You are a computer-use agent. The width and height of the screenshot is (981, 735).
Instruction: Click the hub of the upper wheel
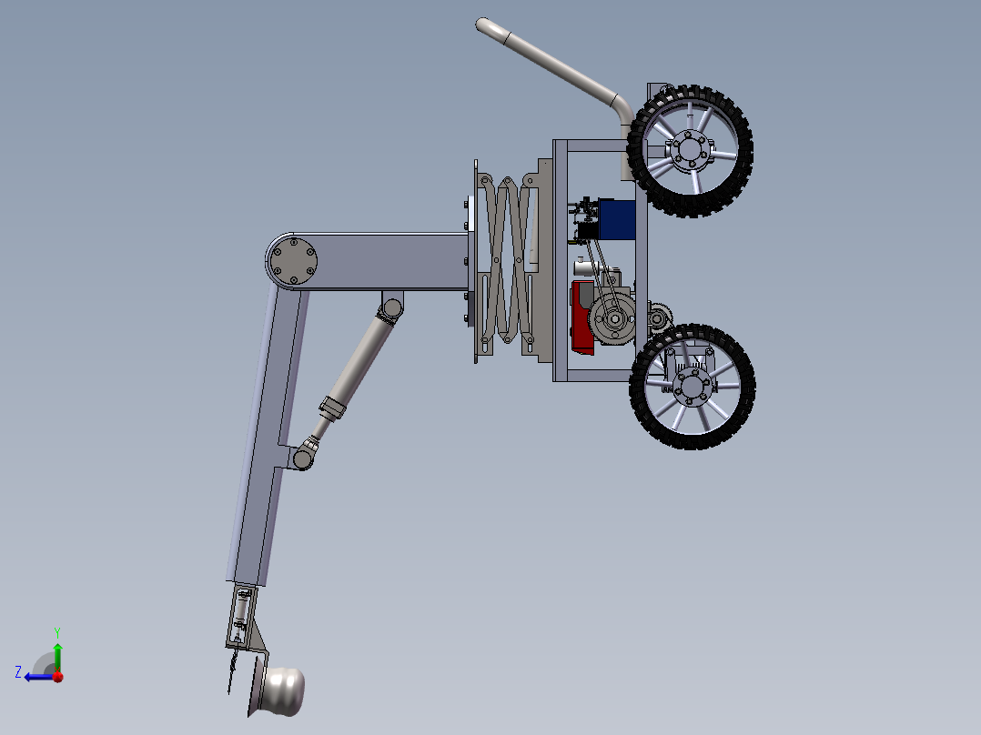689,150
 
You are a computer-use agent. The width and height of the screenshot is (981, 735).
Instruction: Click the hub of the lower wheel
692,386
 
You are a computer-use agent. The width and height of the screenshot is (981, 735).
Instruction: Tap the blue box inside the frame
616,219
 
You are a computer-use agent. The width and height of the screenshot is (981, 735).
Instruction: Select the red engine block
582,317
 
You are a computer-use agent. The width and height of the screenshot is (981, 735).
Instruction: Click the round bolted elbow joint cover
293,261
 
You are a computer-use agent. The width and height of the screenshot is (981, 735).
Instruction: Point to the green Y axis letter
57,632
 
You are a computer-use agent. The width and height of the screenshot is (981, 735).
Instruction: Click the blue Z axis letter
18,672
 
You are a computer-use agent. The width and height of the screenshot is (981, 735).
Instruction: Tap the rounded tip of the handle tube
482,25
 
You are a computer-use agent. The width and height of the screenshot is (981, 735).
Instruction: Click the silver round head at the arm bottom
284,691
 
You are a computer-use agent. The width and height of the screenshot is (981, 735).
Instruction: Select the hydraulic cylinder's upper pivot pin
392,307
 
